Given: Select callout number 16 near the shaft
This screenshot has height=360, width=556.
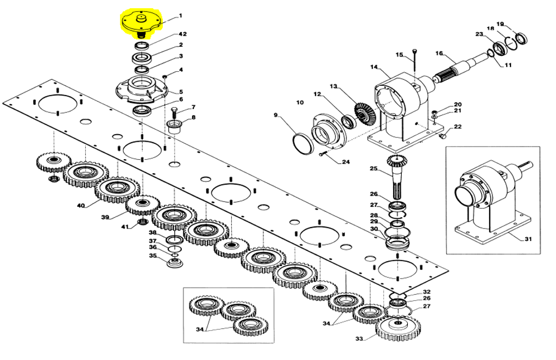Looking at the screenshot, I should pyautogui.click(x=440, y=53).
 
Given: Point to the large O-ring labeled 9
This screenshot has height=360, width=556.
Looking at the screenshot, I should pyautogui.click(x=302, y=144).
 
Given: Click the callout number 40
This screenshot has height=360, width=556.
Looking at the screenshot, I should pyautogui.click(x=81, y=206).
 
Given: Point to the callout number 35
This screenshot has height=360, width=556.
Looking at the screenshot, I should pyautogui.click(x=153, y=256).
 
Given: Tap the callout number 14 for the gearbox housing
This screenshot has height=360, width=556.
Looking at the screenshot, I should pyautogui.click(x=373, y=67).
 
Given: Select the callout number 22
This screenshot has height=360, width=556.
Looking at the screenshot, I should pyautogui.click(x=457, y=127).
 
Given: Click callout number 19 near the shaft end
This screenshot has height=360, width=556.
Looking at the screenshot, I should pyautogui.click(x=501, y=24).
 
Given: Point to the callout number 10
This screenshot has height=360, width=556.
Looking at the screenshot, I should pyautogui.click(x=300, y=102).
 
